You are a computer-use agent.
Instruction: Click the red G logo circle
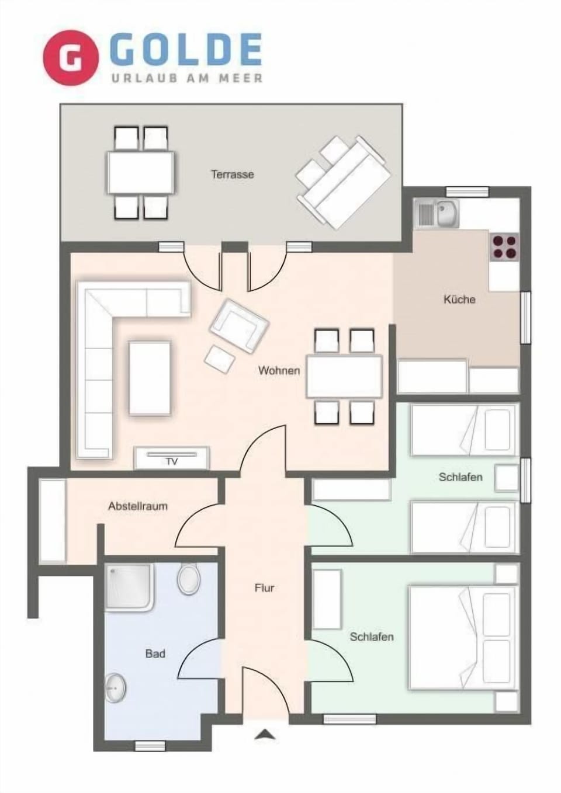point(70,58)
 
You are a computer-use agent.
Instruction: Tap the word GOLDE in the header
point(185,50)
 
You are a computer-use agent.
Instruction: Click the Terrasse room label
point(232,174)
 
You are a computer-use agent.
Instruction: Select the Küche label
point(459,300)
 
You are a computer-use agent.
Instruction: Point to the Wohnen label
point(279,370)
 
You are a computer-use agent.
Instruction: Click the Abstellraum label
point(137,506)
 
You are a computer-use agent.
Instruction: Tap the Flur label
point(264,588)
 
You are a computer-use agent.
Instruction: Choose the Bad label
point(155,653)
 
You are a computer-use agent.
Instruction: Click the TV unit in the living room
point(172,458)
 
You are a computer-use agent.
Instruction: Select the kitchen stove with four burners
point(504,246)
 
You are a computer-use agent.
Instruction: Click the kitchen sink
point(437,213)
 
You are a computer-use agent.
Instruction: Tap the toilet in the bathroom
point(189,579)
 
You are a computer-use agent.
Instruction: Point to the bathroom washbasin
point(116,688)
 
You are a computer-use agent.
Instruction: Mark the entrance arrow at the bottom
point(265,735)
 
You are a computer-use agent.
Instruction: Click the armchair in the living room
point(238,325)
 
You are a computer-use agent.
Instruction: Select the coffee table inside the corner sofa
point(150,378)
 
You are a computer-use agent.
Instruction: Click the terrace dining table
point(140,173)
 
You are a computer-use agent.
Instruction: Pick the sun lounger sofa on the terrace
point(343,182)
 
